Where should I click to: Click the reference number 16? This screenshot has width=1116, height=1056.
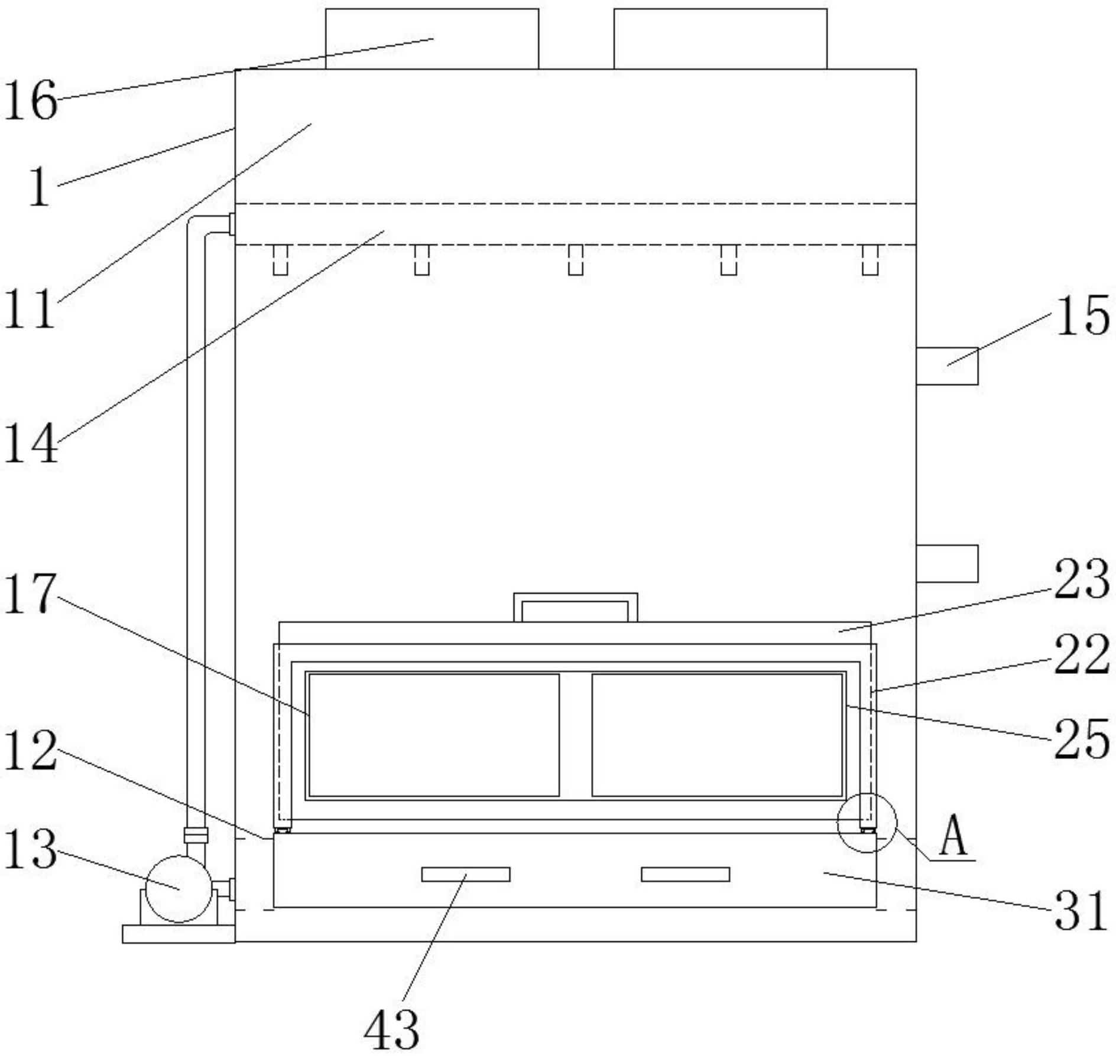pos(31,100)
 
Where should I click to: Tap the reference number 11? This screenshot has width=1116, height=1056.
pos(30,309)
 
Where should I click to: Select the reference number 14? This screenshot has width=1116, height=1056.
pos(31,443)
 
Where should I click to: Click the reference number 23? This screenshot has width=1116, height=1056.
pos(1082,580)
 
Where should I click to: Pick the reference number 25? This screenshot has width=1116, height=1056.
pos(1082,739)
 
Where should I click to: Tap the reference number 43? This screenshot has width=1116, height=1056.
pos(391,1029)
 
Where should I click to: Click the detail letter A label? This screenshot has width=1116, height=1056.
pos(953,837)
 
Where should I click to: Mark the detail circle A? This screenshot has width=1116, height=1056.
pos(867,823)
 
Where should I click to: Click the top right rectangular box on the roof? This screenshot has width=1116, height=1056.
pos(720,39)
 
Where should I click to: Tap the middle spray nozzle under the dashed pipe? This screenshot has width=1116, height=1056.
pos(575,260)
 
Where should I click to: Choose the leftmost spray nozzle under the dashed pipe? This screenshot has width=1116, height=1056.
pos(280,260)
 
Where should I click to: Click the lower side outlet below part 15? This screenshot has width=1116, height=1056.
pos(946,563)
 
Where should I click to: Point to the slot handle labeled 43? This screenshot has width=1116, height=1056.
pos(465,874)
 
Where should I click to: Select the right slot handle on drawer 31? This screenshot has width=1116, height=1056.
pos(685,874)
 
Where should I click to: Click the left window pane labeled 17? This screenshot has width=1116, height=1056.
pos(433,735)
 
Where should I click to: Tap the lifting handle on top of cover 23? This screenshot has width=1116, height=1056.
pos(575,607)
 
